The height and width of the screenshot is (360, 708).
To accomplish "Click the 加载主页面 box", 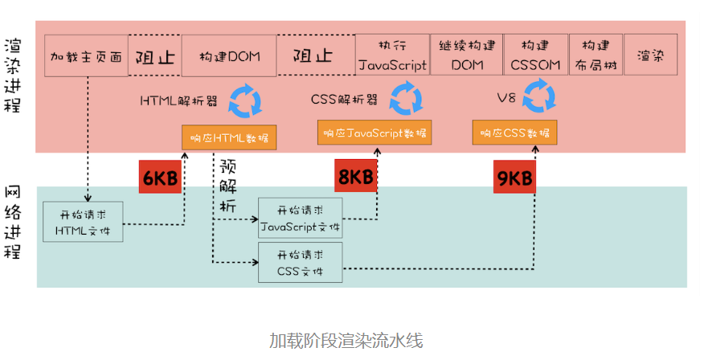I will (x=86, y=56).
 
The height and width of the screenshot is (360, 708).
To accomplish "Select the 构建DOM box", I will (x=229, y=56).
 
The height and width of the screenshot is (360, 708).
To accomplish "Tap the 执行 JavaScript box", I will (x=392, y=55).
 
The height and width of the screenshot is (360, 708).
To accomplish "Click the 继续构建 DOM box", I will (x=467, y=55).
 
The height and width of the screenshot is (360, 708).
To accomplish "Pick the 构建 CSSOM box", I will (x=535, y=55).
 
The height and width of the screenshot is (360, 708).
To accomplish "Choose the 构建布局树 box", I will (x=595, y=55).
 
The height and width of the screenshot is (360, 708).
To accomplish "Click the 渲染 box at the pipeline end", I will (x=650, y=55).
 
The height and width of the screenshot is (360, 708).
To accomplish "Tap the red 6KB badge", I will (x=160, y=178).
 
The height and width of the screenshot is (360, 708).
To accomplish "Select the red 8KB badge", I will (x=355, y=178).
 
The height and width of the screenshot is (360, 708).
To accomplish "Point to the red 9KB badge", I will (x=514, y=178).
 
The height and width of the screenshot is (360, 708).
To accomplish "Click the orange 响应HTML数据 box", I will (x=229, y=137).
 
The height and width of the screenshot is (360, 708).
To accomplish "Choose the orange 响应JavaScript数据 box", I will (x=374, y=133).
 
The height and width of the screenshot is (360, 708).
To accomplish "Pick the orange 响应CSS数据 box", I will (x=515, y=133).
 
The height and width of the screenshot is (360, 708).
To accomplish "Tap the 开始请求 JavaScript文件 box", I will (x=301, y=217).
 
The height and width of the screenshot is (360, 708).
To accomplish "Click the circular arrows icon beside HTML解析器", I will (x=244, y=100).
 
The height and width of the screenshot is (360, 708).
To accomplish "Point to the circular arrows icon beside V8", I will (x=540, y=98).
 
